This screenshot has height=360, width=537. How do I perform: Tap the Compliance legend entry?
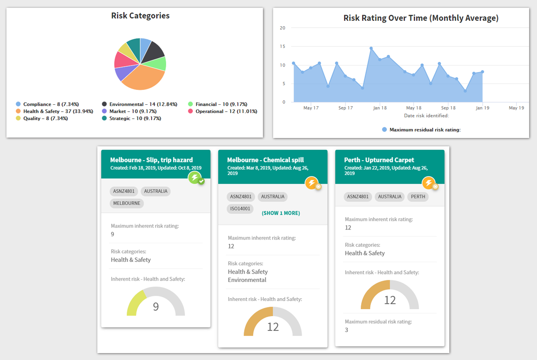(x=47, y=104)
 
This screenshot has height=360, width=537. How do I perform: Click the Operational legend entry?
(x=223, y=111)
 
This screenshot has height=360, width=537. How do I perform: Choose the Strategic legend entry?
(x=131, y=119)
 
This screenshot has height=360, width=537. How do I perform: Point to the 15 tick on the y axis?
(x=282, y=46)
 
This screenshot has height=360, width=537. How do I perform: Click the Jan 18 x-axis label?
(x=380, y=108)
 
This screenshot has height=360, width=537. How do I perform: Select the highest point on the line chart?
(x=371, y=48)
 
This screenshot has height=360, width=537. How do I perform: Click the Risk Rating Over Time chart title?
(x=421, y=18)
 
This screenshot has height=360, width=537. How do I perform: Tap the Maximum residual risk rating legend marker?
(x=384, y=130)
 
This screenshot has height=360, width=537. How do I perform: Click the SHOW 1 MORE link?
(x=281, y=213)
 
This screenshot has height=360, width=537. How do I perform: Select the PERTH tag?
(x=418, y=197)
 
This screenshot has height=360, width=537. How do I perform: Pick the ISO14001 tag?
(x=240, y=209)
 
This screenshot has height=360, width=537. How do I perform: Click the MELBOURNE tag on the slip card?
(x=127, y=203)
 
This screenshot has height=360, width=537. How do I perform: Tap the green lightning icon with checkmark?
(x=196, y=178)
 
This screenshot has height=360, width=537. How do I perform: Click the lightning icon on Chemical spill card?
(x=312, y=183)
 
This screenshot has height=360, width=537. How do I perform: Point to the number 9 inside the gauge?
(x=156, y=306)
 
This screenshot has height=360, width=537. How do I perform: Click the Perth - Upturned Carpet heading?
(x=379, y=160)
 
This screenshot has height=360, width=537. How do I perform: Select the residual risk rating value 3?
(x=346, y=330)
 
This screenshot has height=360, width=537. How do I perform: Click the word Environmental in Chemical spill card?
(x=247, y=280)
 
